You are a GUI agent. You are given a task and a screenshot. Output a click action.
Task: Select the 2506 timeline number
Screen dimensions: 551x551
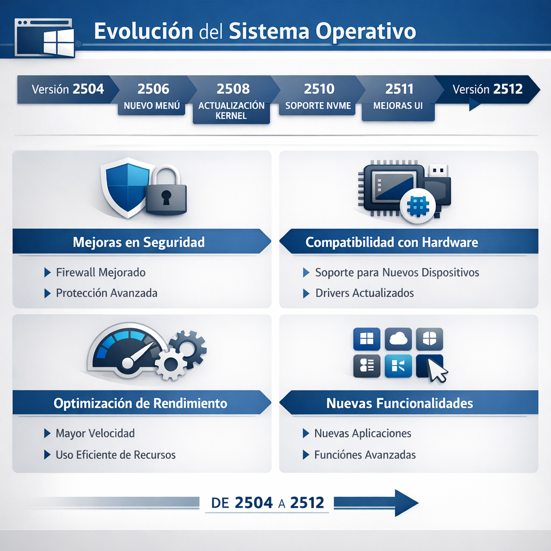point(153,89)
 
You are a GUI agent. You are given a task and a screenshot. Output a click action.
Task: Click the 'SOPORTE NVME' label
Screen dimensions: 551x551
point(318,106)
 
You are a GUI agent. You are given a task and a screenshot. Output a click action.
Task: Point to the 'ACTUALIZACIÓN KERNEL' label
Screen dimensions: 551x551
point(231,111)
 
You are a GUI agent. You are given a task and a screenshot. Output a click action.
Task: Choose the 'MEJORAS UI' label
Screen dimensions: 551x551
point(398,106)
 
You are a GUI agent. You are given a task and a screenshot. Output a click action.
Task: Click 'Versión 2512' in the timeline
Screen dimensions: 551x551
point(488,89)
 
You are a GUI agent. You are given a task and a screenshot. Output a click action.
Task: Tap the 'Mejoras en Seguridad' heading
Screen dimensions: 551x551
point(139,242)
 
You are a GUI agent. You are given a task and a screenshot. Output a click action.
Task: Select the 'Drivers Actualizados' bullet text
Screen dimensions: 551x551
point(365,293)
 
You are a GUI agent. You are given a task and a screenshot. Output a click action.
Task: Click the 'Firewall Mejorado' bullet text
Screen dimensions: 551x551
point(101,272)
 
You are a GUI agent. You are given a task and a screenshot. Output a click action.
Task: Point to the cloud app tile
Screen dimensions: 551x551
point(398,339)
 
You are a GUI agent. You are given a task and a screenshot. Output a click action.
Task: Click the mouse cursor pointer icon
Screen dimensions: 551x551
point(437,370)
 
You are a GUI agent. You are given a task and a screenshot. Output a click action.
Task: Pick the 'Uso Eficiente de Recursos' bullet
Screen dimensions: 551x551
point(116,455)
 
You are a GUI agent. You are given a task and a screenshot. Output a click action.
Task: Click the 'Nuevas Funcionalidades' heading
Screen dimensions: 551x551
point(400,404)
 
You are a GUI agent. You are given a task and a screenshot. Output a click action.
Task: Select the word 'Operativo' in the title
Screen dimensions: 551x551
point(366,31)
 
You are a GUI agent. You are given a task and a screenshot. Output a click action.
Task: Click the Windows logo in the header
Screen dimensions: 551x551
point(59,42)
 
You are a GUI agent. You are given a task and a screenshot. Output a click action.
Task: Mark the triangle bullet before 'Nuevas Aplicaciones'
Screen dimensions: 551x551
point(306,433)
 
